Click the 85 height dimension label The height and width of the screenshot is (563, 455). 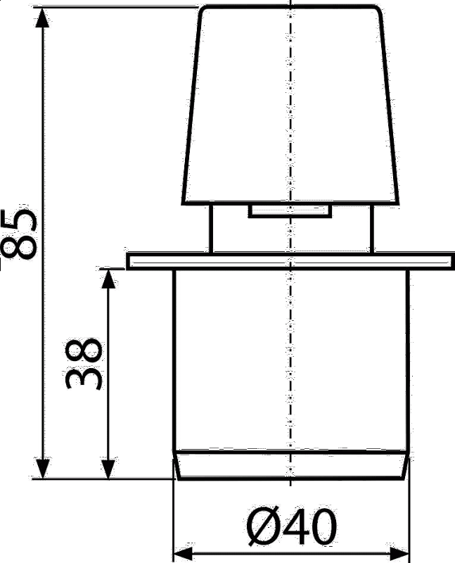coord(20,234)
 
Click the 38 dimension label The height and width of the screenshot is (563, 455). coord(83,364)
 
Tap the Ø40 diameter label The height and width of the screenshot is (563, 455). coord(292,526)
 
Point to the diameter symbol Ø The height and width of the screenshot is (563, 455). coord(264,526)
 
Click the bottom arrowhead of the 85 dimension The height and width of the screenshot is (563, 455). coord(43,469)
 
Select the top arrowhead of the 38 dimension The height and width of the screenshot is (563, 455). coord(108,279)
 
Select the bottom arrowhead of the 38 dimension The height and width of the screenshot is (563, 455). coord(108,469)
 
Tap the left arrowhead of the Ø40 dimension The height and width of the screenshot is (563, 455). coord(184,552)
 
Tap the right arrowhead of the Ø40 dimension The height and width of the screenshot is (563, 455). coord(399,552)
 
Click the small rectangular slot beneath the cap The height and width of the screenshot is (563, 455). coord(290,210)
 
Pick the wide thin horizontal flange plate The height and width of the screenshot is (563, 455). coord(290,261)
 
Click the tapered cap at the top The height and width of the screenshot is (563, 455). coord(290,105)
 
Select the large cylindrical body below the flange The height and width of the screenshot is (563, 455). coord(290,360)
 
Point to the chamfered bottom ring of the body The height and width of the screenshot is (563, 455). coord(290,465)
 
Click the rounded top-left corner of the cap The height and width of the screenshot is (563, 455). coord(203,9)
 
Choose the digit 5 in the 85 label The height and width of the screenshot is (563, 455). coord(20,220)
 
